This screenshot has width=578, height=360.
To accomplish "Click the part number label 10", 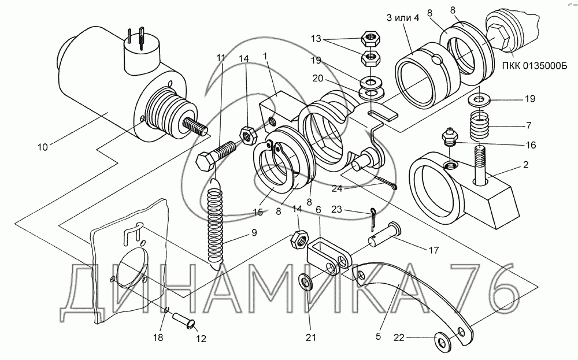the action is click(42, 147).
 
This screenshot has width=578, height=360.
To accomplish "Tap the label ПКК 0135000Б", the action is click(535, 66).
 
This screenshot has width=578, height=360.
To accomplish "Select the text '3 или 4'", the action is click(403, 18).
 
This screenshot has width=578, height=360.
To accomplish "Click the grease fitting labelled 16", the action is click(449, 136).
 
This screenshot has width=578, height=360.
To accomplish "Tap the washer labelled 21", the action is click(306, 282).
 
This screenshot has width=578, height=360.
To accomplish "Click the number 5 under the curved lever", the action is click(378, 336).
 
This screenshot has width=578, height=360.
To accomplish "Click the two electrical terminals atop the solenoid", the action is click(135, 38).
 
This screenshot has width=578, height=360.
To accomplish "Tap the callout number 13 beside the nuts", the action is click(316, 39).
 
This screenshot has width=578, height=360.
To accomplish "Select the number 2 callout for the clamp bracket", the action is click(525, 164).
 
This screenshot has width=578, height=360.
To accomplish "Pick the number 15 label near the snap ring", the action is click(258, 212).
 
